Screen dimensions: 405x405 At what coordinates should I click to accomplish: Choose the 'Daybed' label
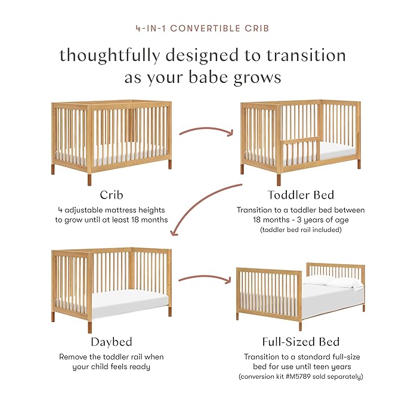coord(112,342)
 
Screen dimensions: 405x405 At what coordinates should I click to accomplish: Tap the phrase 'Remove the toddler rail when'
coord(112,357)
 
